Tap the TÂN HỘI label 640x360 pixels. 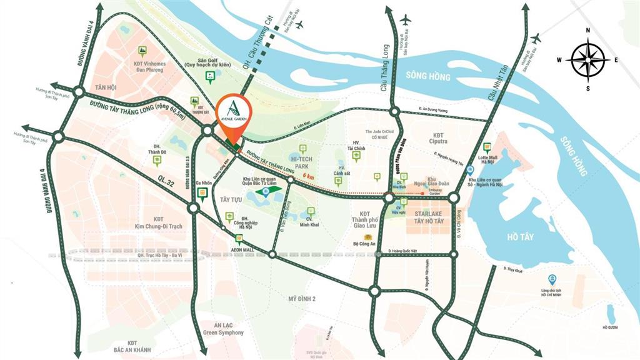point(106,87)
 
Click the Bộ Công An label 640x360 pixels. point(369,245)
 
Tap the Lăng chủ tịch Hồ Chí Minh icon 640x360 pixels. point(551,279)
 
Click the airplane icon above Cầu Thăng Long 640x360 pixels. point(405,20)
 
